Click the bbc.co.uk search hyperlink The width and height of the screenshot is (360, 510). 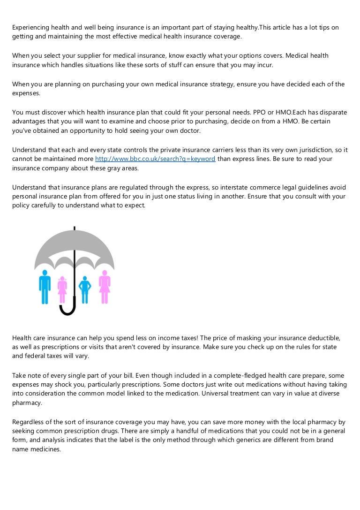155,159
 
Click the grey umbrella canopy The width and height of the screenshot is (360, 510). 74,249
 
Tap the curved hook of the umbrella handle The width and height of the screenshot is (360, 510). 67,310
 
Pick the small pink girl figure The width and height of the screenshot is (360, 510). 62,289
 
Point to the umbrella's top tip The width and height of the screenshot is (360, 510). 74,228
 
